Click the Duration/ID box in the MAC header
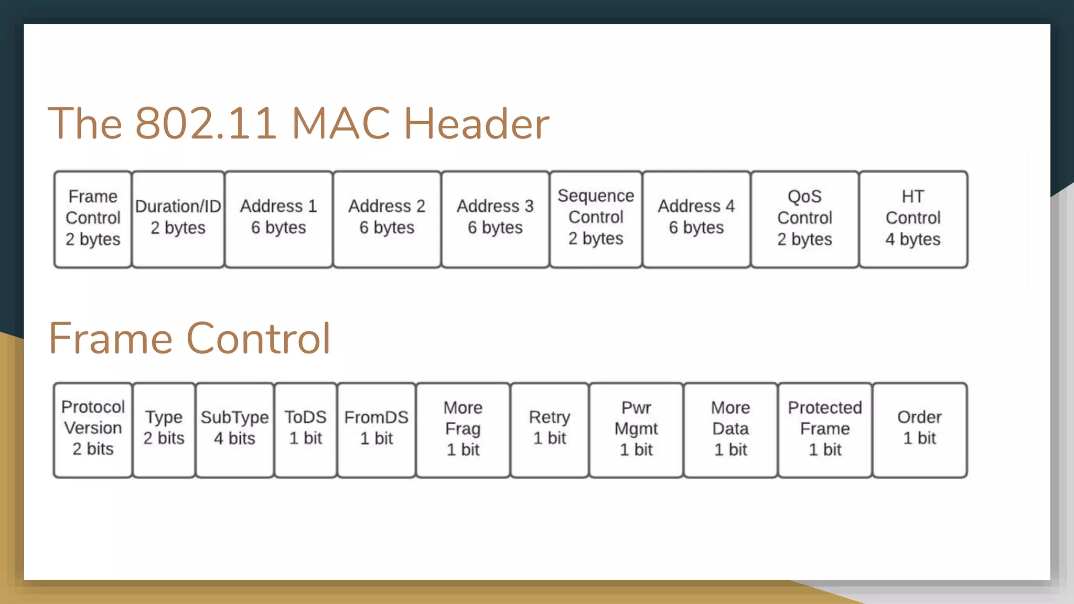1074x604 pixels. click(178, 219)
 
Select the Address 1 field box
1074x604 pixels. click(278, 219)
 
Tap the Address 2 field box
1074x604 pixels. click(387, 219)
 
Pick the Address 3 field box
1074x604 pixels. click(495, 219)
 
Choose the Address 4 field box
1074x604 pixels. click(696, 219)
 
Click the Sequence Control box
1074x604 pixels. click(596, 219)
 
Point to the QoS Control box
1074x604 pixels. click(804, 219)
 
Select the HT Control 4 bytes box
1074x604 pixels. click(913, 219)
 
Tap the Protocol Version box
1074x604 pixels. click(93, 430)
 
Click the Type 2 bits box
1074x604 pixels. click(164, 430)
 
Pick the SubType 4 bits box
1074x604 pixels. click(234, 430)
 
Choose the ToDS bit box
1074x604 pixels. click(305, 430)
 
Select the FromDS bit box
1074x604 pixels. click(377, 430)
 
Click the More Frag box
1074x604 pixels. click(463, 430)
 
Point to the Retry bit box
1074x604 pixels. click(550, 430)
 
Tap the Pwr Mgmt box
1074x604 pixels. click(636, 430)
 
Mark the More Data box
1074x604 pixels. click(731, 430)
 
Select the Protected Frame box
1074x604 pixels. click(825, 430)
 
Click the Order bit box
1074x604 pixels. click(919, 430)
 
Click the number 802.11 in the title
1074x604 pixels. click(206, 124)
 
